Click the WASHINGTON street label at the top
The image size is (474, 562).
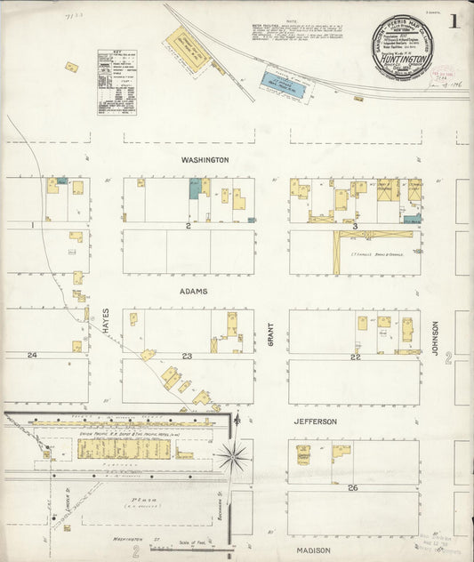click(x=205, y=160)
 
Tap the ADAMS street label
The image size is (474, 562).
click(x=193, y=292)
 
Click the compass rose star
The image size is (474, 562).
click(x=233, y=457)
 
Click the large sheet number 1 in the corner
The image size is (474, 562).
click(x=454, y=21)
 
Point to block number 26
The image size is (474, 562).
click(x=353, y=488)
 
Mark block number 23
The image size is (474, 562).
click(x=188, y=356)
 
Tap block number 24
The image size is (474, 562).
click(x=32, y=356)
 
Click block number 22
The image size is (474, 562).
click(x=355, y=357)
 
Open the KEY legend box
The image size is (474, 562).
click(x=121, y=82)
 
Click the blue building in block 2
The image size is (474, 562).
click(x=195, y=188)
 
